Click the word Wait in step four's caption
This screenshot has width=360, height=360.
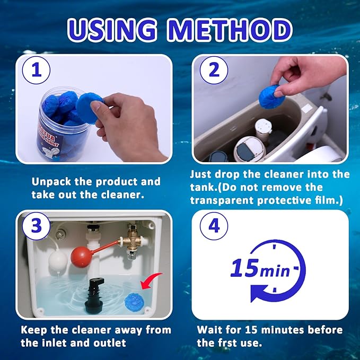[209, 330]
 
